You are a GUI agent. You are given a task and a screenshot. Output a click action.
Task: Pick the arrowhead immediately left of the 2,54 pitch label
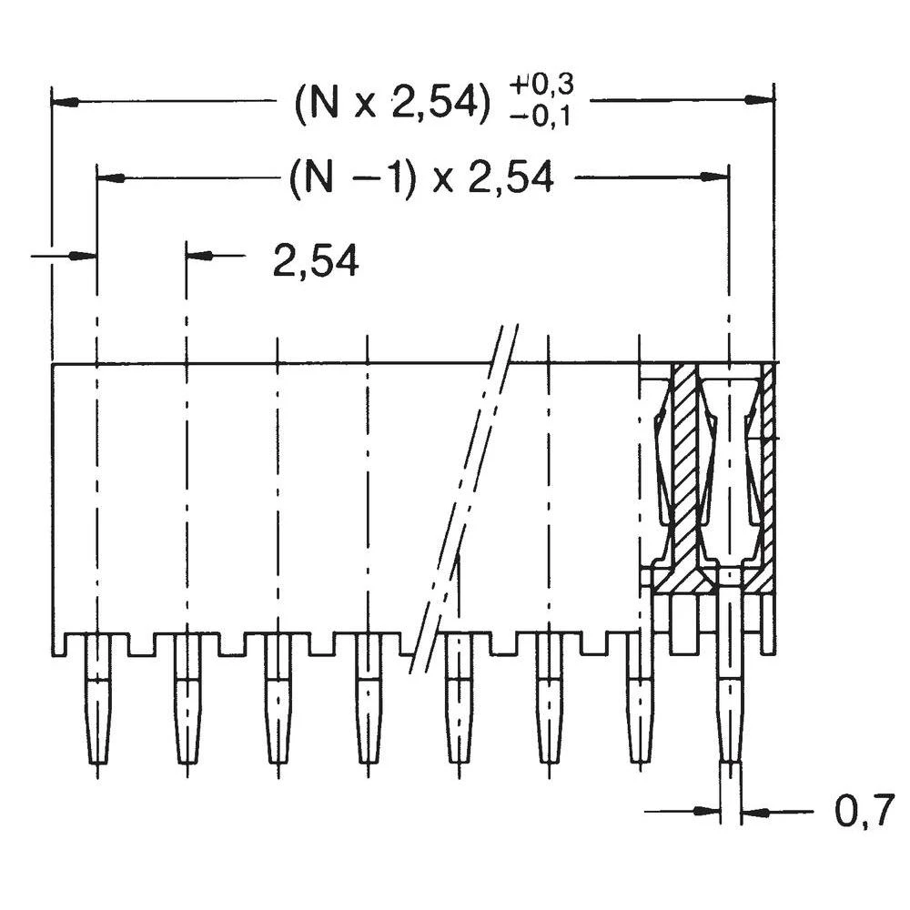click(x=198, y=257)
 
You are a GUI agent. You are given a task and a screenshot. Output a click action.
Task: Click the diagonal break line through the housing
click(x=464, y=500)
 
